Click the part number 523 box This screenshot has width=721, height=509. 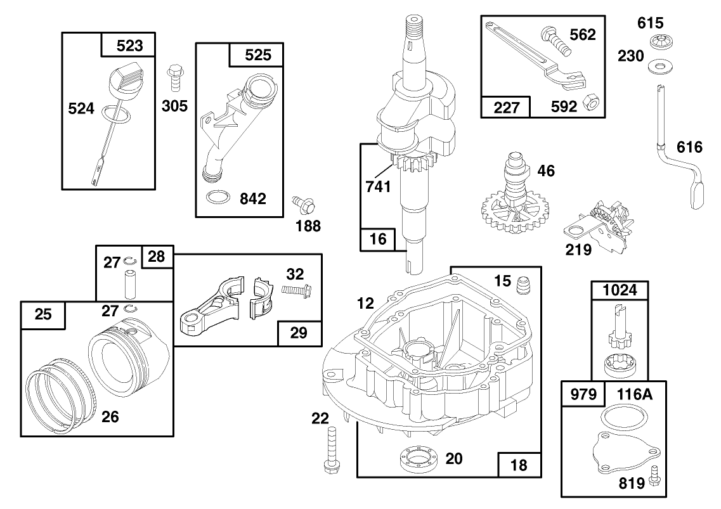tap(130, 46)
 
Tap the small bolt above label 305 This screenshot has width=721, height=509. tap(174, 79)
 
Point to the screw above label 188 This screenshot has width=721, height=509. tap(304, 204)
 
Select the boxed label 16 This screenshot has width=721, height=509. tap(378, 240)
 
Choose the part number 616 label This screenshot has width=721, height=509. tap(690, 148)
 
